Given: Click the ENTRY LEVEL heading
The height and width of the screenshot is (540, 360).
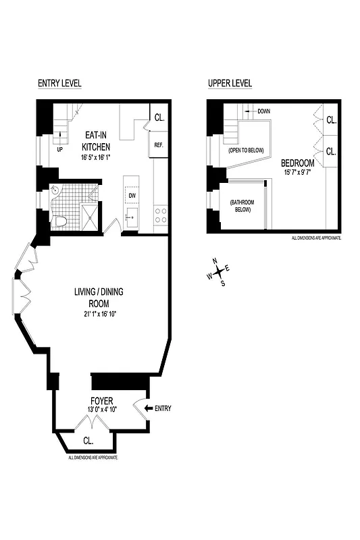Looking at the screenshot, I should point(59,83).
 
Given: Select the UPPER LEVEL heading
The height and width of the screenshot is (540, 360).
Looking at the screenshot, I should point(230,83).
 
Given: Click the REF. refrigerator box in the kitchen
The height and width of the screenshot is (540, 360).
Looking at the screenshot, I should point(159,145).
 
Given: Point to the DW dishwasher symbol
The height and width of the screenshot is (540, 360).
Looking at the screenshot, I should point(132,196).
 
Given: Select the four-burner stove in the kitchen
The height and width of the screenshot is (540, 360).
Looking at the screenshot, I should point(161,215).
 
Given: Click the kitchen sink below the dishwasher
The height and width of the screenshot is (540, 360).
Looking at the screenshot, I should point(132,217).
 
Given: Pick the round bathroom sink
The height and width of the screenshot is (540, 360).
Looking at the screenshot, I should point(55,191).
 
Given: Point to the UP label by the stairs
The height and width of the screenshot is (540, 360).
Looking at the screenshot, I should point(59,149).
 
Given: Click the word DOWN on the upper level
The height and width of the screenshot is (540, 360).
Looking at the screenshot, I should point(263,111).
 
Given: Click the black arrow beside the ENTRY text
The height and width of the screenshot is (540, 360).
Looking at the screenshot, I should point(148,408).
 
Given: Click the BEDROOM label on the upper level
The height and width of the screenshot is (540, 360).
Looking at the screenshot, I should point(297,163).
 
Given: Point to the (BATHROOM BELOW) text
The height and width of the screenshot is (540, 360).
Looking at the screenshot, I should point(240,206).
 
